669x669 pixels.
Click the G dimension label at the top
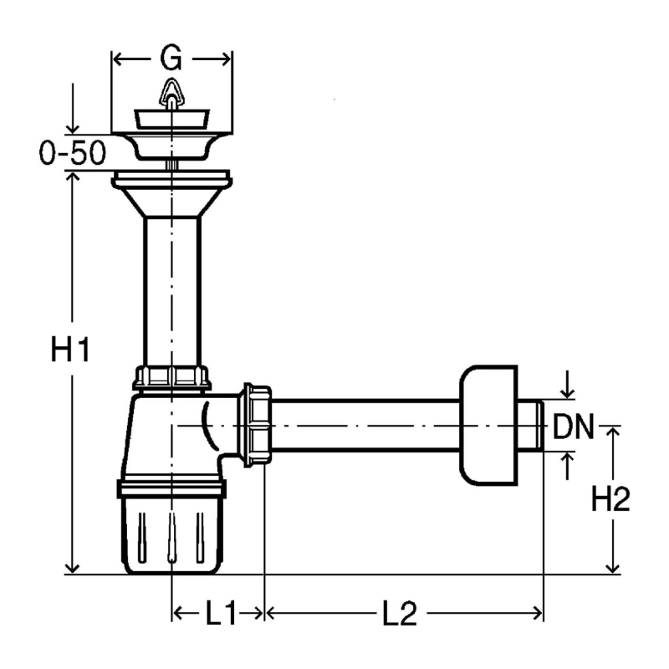click(171, 58)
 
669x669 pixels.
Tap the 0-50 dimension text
click(73, 153)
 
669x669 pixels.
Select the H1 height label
click(70, 349)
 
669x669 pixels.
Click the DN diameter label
click(573, 426)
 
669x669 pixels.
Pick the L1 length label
click(221, 614)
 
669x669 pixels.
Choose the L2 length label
click(400, 614)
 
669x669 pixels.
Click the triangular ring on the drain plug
click(171, 92)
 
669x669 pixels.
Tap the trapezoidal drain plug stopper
click(172, 119)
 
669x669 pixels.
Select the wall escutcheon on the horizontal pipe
click(488, 426)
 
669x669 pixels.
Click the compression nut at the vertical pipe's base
click(172, 378)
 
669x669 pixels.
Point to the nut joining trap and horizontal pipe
click(258, 426)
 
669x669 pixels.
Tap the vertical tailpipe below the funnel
click(172, 292)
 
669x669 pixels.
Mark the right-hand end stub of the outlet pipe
click(531, 426)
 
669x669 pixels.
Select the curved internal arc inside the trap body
click(207, 426)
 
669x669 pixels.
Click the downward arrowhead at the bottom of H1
click(72, 569)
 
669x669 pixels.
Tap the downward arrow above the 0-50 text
click(73, 109)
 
